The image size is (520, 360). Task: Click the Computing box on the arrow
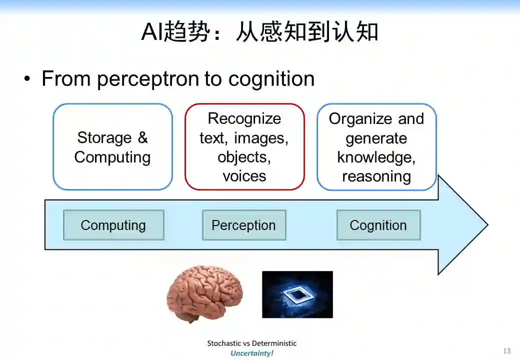point(113,225)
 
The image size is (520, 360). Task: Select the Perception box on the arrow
point(244,225)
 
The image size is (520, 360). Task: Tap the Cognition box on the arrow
point(378,225)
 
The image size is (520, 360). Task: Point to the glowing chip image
point(297,294)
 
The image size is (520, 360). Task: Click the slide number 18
point(506,351)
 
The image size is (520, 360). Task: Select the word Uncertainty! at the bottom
point(252,353)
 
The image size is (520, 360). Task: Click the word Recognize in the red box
point(244,118)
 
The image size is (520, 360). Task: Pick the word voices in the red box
point(244,176)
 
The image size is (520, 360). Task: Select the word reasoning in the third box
point(376,176)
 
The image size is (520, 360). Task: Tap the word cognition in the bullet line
point(271,79)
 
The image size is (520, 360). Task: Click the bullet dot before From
point(27,79)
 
